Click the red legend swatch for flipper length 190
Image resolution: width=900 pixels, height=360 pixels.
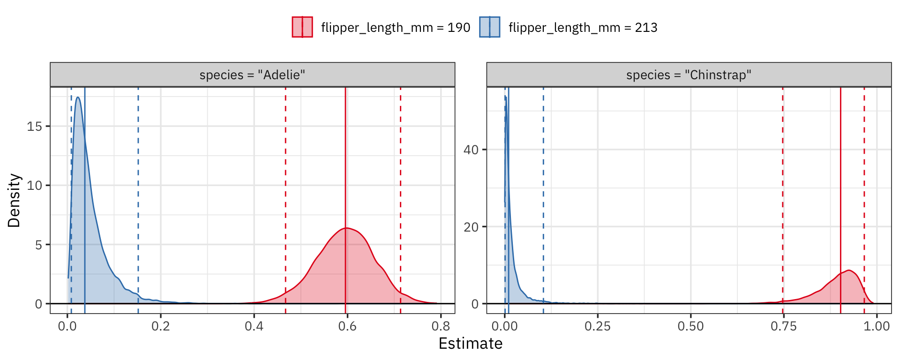click(302, 27)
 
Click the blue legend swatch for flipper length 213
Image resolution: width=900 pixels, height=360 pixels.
click(490, 27)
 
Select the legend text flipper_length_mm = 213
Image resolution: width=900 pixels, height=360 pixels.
click(583, 28)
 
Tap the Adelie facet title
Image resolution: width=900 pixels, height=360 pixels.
click(252, 75)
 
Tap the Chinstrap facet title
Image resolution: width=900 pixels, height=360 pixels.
click(689, 75)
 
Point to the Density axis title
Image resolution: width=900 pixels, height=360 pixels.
click(15, 201)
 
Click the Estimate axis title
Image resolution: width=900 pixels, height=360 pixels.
click(470, 344)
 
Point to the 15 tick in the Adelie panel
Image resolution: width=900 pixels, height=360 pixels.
click(34, 127)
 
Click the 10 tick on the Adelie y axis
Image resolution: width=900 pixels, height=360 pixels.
click(34, 186)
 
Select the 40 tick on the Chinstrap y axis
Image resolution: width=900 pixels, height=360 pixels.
click(471, 150)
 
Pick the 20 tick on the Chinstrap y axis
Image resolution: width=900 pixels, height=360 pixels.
click(471, 227)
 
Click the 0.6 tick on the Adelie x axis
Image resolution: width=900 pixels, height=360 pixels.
click(347, 326)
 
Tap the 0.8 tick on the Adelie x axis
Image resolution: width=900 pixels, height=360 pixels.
click(441, 326)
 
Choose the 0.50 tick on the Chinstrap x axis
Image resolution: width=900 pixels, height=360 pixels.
click(690, 326)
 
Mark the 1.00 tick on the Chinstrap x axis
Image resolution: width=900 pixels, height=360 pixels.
click(877, 326)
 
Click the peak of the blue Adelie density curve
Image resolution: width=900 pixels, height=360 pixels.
click(78, 97)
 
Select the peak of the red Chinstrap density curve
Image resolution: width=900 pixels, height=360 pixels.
click(849, 270)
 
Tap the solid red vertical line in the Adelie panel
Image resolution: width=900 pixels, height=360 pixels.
click(345, 164)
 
